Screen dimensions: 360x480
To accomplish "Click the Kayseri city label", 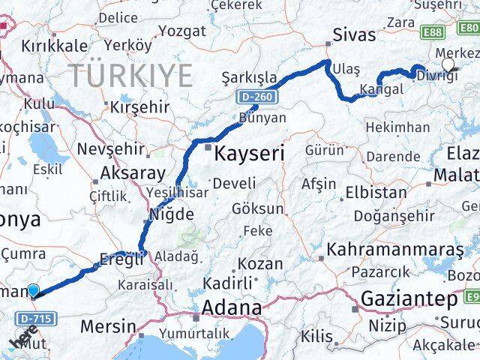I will click(x=250, y=154).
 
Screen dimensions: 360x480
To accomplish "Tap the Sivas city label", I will click(x=353, y=34).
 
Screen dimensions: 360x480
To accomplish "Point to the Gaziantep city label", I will click(x=409, y=300).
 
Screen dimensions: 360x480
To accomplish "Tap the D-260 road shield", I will click(x=257, y=97).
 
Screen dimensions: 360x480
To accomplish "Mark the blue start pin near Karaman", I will click(x=33, y=289).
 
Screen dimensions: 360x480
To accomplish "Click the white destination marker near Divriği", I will click(x=448, y=65).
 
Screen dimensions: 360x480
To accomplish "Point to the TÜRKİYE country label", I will click(x=132, y=76).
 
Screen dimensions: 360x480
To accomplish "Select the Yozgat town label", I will click(x=181, y=31).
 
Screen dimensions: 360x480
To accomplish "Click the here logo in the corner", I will click(x=22, y=342).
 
